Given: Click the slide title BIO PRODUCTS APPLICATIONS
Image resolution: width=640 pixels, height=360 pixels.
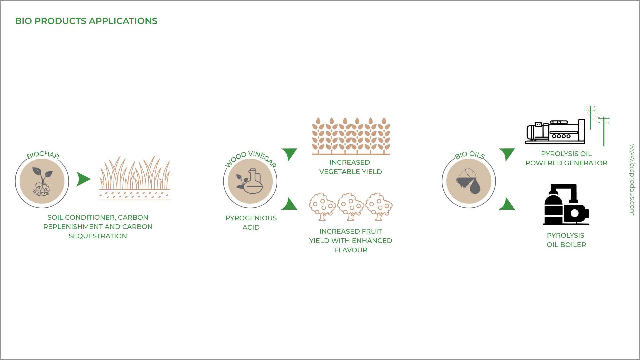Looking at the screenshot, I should point(86,21).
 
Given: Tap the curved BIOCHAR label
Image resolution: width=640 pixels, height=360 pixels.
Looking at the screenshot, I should point(43,155).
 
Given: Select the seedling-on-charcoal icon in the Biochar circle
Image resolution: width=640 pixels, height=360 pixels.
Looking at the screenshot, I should point(42,181).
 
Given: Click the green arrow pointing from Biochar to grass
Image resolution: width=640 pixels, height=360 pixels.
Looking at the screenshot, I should point(83,179).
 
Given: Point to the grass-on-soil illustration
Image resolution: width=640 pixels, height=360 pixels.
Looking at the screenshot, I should point(135,178).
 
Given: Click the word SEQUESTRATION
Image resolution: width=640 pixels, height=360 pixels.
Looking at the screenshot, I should point(98,236).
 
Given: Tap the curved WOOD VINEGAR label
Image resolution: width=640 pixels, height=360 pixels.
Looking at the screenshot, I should point(251,158).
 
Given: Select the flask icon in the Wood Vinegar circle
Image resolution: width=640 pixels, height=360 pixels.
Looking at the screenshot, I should point(251,181).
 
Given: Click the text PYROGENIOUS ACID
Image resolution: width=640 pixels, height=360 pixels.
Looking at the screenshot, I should point(251,223).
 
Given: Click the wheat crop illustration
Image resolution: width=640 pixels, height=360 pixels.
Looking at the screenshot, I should point(351,136).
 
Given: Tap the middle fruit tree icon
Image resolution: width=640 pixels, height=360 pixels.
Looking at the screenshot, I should point(351,206).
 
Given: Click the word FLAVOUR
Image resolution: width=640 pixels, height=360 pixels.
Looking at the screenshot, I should point(351,250).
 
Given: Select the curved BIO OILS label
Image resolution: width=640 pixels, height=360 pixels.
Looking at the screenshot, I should point(469,155).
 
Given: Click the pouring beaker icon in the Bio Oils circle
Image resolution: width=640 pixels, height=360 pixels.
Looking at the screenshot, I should point(469,181).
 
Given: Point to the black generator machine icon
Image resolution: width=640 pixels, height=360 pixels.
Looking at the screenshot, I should point(555,132).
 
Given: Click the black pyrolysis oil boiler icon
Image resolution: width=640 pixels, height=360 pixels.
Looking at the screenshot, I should point(566,204).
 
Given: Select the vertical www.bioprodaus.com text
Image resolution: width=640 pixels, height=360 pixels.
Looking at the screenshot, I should point(632,180).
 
